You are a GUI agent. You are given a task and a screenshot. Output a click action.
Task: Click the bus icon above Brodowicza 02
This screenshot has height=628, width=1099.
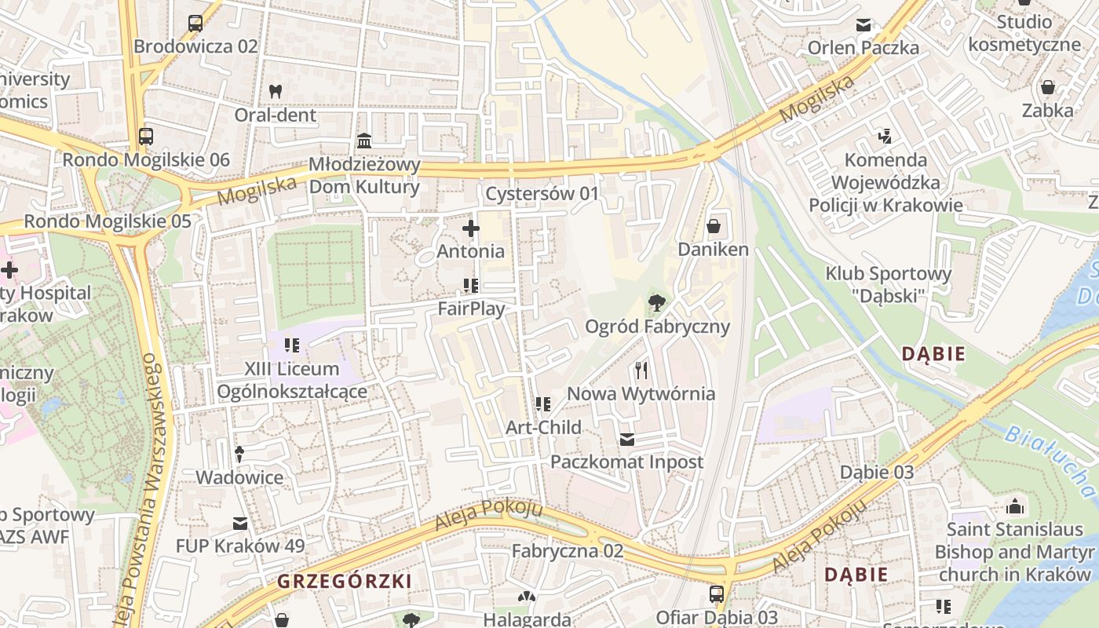195,24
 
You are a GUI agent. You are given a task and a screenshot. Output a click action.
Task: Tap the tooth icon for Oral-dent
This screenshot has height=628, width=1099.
275,92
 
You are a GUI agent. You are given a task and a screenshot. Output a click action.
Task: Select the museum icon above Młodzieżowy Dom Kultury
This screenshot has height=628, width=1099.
364,141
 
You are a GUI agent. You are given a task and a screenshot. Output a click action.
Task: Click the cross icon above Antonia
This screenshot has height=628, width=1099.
471,228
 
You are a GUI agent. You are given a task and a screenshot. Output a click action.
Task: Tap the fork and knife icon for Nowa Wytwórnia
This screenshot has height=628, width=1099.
641,370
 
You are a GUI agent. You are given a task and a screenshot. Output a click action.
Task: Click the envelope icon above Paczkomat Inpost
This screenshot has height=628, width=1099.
626,439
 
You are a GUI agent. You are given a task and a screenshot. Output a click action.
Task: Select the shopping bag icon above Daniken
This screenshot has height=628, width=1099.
714,227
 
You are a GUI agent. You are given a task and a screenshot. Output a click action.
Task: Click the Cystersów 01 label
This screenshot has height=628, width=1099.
542,193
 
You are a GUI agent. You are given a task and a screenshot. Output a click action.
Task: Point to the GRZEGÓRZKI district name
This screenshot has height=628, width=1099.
344,582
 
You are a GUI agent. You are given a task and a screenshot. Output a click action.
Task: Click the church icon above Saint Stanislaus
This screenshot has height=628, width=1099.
1015,506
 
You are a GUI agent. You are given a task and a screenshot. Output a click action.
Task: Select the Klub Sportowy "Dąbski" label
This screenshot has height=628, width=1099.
888,284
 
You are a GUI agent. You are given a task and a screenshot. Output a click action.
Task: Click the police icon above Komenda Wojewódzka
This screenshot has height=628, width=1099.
885,137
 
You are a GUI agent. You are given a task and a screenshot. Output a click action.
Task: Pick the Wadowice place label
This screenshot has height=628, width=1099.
239,477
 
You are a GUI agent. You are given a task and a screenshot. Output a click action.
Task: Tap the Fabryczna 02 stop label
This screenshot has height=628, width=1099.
568,551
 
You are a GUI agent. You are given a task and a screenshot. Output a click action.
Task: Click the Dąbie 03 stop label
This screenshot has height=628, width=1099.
877,472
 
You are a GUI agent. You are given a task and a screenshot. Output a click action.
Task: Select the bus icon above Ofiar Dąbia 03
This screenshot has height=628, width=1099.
717,594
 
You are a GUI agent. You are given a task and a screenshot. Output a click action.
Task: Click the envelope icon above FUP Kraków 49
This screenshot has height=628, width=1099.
240,524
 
